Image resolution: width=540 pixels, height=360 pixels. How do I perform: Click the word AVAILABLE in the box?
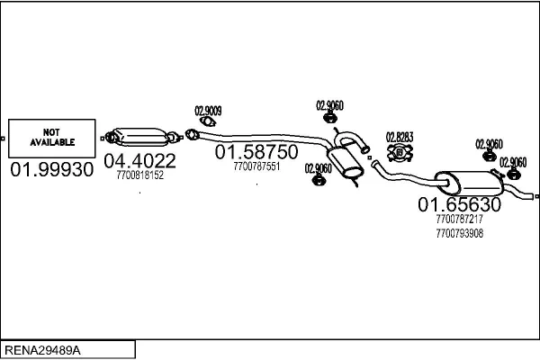coord(52,142)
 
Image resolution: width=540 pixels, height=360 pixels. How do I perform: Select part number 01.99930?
coord(52,169)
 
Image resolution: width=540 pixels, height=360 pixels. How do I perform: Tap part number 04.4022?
coord(139,161)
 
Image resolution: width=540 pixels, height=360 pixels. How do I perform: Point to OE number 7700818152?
coord(139,175)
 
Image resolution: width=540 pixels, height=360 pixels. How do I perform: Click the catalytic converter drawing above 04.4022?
coord(141,137)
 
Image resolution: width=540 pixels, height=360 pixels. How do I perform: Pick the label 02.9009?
coord(209,111)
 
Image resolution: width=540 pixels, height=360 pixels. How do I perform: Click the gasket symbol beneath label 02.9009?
coord(208,121)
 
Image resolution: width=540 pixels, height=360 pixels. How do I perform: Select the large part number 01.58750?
coord(256,151)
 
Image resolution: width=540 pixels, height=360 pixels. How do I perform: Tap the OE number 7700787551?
coord(256,166)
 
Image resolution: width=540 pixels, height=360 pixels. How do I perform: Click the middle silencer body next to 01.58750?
coord(345,163)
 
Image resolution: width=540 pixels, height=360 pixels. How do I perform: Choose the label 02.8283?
coord(400,137)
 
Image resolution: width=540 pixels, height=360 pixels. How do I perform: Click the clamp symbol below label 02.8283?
coord(400,153)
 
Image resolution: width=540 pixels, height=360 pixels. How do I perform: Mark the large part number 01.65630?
coord(459,204)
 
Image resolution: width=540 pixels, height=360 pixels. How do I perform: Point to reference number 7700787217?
coord(459,219)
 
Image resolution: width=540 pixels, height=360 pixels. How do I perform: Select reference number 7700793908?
coord(459,233)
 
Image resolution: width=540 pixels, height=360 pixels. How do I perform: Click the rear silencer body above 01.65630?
coord(469,184)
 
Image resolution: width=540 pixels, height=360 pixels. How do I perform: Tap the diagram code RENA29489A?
coord(42,350)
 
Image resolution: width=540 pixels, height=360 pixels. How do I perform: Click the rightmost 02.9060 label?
coord(513,162)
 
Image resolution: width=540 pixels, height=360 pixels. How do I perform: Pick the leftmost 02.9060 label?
coord(319,168)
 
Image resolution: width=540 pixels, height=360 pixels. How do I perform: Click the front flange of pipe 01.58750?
coord(192,134)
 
